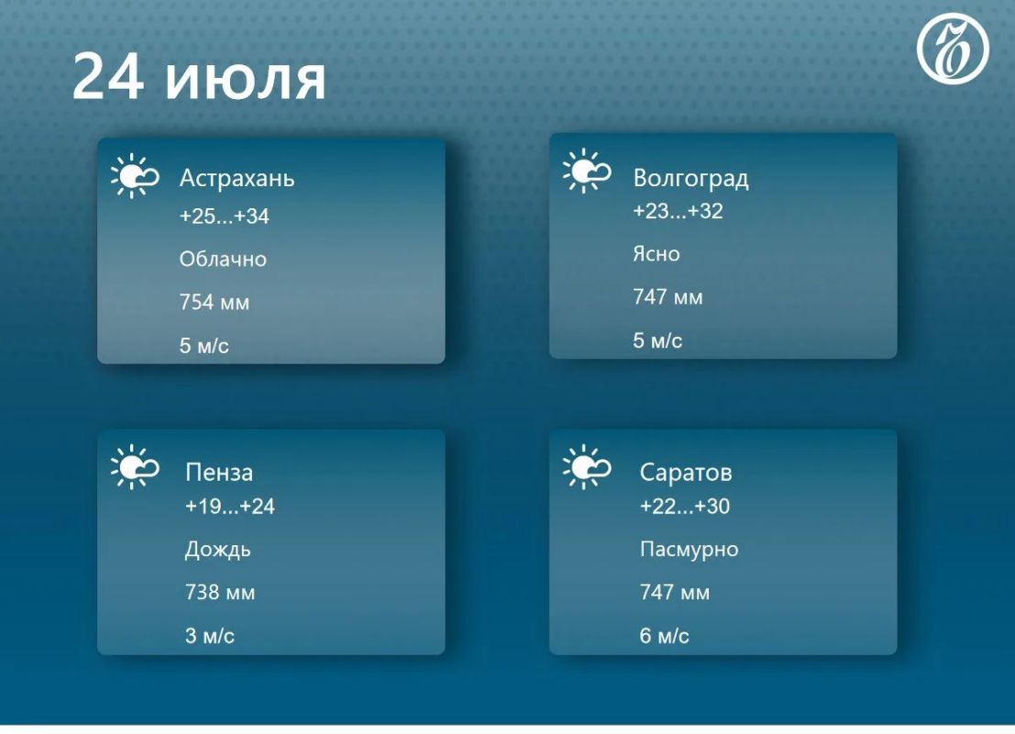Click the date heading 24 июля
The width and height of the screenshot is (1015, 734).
[199, 77]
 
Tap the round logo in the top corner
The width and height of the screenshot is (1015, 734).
[953, 49]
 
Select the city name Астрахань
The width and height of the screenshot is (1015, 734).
[237, 178]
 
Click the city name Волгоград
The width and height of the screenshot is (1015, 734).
[690, 177]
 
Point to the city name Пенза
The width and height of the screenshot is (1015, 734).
[219, 473]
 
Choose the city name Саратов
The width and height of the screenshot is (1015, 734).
[686, 473]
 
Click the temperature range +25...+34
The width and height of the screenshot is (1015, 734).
[224, 216]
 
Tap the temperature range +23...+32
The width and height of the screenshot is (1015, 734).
[678, 211]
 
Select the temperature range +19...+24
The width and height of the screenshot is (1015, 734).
[230, 506]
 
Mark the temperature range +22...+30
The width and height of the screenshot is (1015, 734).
[684, 506]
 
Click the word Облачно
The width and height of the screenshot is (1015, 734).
[223, 259]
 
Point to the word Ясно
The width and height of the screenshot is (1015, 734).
[656, 254]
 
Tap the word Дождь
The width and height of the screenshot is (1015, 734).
[217, 550]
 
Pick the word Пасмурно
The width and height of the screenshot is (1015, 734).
[689, 550]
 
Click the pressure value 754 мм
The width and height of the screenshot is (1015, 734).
[215, 303]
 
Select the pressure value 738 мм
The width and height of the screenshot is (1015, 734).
[220, 593]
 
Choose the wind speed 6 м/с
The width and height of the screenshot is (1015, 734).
[664, 636]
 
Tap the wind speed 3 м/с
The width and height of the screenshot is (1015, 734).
[210, 636]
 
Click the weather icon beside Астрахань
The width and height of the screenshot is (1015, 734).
[135, 175]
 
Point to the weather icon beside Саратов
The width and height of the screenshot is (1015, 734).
[587, 466]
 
